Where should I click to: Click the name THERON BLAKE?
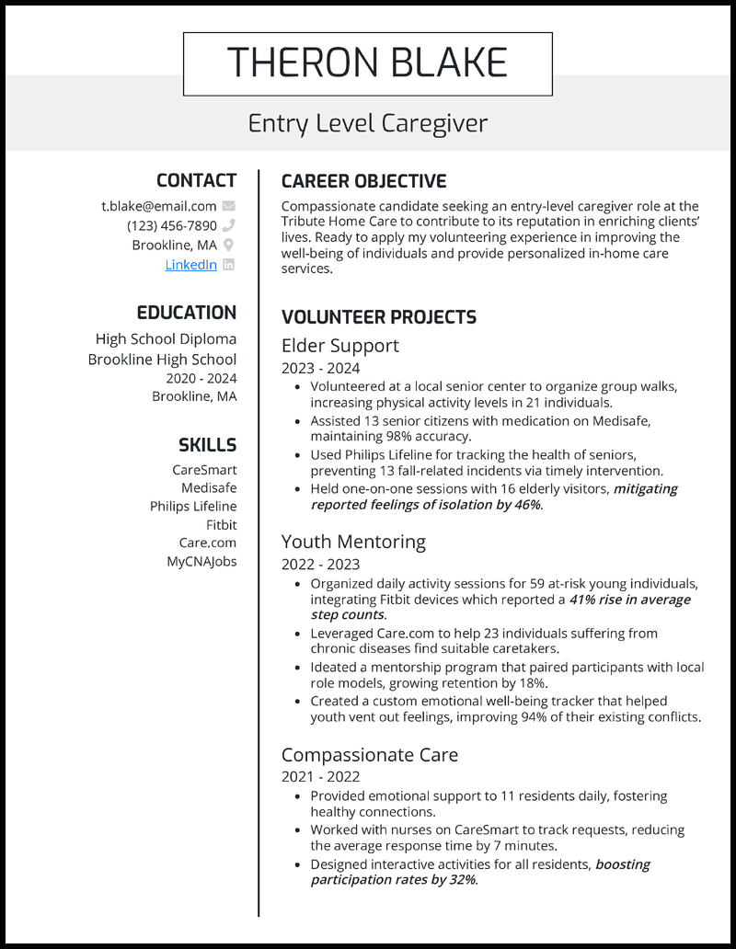(367, 63)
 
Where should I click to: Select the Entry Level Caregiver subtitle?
(367, 123)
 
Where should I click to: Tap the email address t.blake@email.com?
(159, 206)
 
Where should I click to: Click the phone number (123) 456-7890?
(172, 225)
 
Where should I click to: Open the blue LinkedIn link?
(190, 265)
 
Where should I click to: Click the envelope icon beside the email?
(229, 206)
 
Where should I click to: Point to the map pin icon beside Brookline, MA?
(229, 245)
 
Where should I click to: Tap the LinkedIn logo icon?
(229, 265)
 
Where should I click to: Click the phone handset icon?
(229, 225)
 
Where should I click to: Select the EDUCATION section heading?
(187, 313)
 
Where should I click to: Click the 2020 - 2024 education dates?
(201, 378)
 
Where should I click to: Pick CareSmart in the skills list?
(204, 470)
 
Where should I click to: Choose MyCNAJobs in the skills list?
(201, 561)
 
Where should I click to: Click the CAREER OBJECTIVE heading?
(363, 181)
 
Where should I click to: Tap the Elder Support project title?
(339, 346)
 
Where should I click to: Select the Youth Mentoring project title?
(353, 542)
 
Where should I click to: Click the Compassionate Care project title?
(369, 755)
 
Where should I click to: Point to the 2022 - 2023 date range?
(320, 565)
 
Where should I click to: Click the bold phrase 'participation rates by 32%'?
(393, 880)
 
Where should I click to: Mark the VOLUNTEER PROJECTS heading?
(378, 317)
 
